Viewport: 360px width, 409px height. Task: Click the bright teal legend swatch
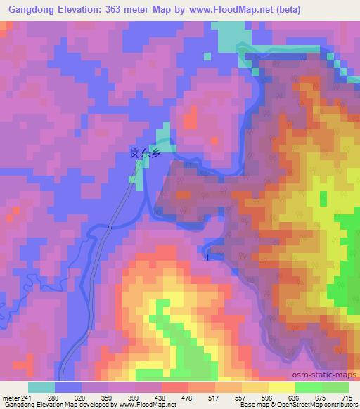point(41,387)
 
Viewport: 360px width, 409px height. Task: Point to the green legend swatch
point(335,387)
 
